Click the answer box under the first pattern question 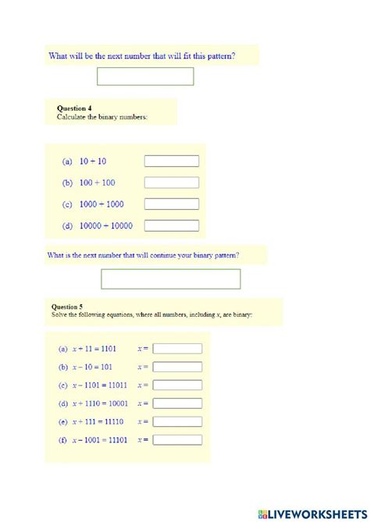145,76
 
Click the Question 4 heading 76,108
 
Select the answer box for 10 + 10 172,162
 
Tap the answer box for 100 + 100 172,183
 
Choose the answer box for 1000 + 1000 172,204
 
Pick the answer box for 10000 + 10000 172,226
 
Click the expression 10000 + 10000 105,226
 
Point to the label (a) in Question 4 67,162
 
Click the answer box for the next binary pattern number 170,279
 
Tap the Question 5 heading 67,307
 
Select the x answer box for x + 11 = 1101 177,349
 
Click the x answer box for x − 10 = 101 177,367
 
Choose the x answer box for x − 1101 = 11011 177,385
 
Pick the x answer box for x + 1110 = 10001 177,403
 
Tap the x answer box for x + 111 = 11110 177,421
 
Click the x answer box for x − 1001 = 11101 177,440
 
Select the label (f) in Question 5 62,440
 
